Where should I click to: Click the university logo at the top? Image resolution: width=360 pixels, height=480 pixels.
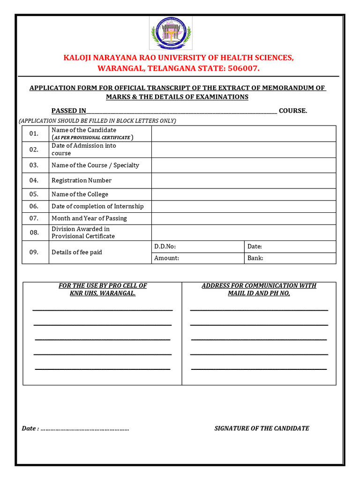point(171,33)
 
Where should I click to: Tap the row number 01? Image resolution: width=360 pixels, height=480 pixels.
point(34,134)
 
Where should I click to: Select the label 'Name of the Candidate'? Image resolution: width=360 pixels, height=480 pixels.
point(84,130)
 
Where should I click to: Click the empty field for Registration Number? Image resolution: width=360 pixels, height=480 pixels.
point(243,180)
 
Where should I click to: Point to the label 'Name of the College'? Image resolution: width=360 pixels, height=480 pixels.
point(80,194)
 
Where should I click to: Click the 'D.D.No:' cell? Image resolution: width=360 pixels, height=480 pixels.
point(197,247)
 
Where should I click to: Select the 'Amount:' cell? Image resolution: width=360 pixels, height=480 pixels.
point(197,258)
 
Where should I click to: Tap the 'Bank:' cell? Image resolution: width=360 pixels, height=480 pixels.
point(289,258)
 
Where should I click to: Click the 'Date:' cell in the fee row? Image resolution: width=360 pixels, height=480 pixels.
point(289,247)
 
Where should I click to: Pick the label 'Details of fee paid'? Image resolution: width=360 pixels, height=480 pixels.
point(77,252)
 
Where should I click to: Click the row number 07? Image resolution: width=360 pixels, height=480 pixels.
point(34,218)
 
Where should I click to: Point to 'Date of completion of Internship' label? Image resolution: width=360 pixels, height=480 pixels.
point(97,206)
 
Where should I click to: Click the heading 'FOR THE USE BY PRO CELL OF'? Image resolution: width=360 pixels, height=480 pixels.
point(103,285)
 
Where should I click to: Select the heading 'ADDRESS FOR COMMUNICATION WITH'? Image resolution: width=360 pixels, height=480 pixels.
point(259,285)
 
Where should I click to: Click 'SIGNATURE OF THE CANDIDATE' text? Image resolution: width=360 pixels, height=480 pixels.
point(262,428)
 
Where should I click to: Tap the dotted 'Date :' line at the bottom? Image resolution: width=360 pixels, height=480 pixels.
point(84,428)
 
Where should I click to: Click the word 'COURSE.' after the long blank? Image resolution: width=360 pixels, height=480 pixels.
point(293,111)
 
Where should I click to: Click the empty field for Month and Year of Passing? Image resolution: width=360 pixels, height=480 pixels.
point(243,218)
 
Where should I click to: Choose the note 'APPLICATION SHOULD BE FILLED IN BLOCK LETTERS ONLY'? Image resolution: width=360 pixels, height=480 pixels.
point(97,121)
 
